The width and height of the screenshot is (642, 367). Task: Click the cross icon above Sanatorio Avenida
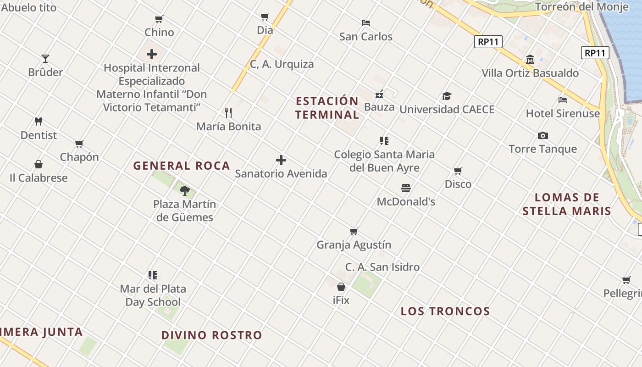(x=281, y=160)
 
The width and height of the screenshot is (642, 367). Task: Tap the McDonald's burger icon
(x=406, y=188)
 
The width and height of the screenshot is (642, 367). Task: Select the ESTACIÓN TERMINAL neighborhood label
(x=327, y=108)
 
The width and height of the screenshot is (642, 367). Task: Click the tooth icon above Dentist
(x=39, y=122)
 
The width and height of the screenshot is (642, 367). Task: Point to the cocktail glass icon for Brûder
(x=45, y=58)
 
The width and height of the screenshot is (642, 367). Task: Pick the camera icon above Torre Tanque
(x=543, y=135)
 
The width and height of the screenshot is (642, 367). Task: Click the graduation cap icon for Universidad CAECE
(x=447, y=96)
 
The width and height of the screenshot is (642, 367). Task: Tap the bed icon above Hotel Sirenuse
(x=563, y=100)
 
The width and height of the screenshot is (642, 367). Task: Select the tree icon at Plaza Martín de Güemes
(x=185, y=190)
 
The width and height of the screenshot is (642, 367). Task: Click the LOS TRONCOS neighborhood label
(x=445, y=311)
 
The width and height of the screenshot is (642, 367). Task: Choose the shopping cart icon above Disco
(x=458, y=171)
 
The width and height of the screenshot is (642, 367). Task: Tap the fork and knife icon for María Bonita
(x=228, y=112)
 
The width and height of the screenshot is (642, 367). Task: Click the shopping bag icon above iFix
(x=341, y=287)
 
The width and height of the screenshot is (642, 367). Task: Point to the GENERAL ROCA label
(x=182, y=166)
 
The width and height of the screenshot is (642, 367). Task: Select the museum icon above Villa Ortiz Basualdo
(x=530, y=60)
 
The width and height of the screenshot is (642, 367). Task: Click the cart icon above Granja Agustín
(x=354, y=231)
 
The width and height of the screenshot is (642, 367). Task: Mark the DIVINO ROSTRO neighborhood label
(x=211, y=335)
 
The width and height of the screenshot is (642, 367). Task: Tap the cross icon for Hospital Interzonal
(x=152, y=54)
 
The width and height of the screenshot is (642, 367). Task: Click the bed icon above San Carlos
(x=365, y=22)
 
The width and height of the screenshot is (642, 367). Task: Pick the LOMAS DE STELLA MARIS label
(x=567, y=204)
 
